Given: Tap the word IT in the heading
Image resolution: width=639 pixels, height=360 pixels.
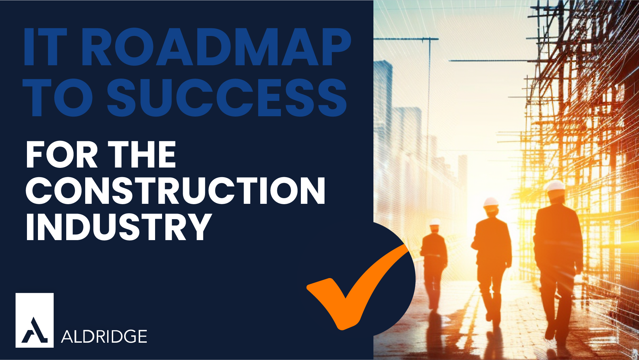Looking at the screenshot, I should [x=45, y=47].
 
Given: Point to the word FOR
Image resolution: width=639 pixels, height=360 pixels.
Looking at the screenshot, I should [x=62, y=155].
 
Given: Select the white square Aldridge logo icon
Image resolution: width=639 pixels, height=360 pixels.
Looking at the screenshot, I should [x=35, y=320].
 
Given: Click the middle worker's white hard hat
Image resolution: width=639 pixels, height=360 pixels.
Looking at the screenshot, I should [x=491, y=202].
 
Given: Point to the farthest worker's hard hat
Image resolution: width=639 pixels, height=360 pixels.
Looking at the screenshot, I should [x=435, y=222].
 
